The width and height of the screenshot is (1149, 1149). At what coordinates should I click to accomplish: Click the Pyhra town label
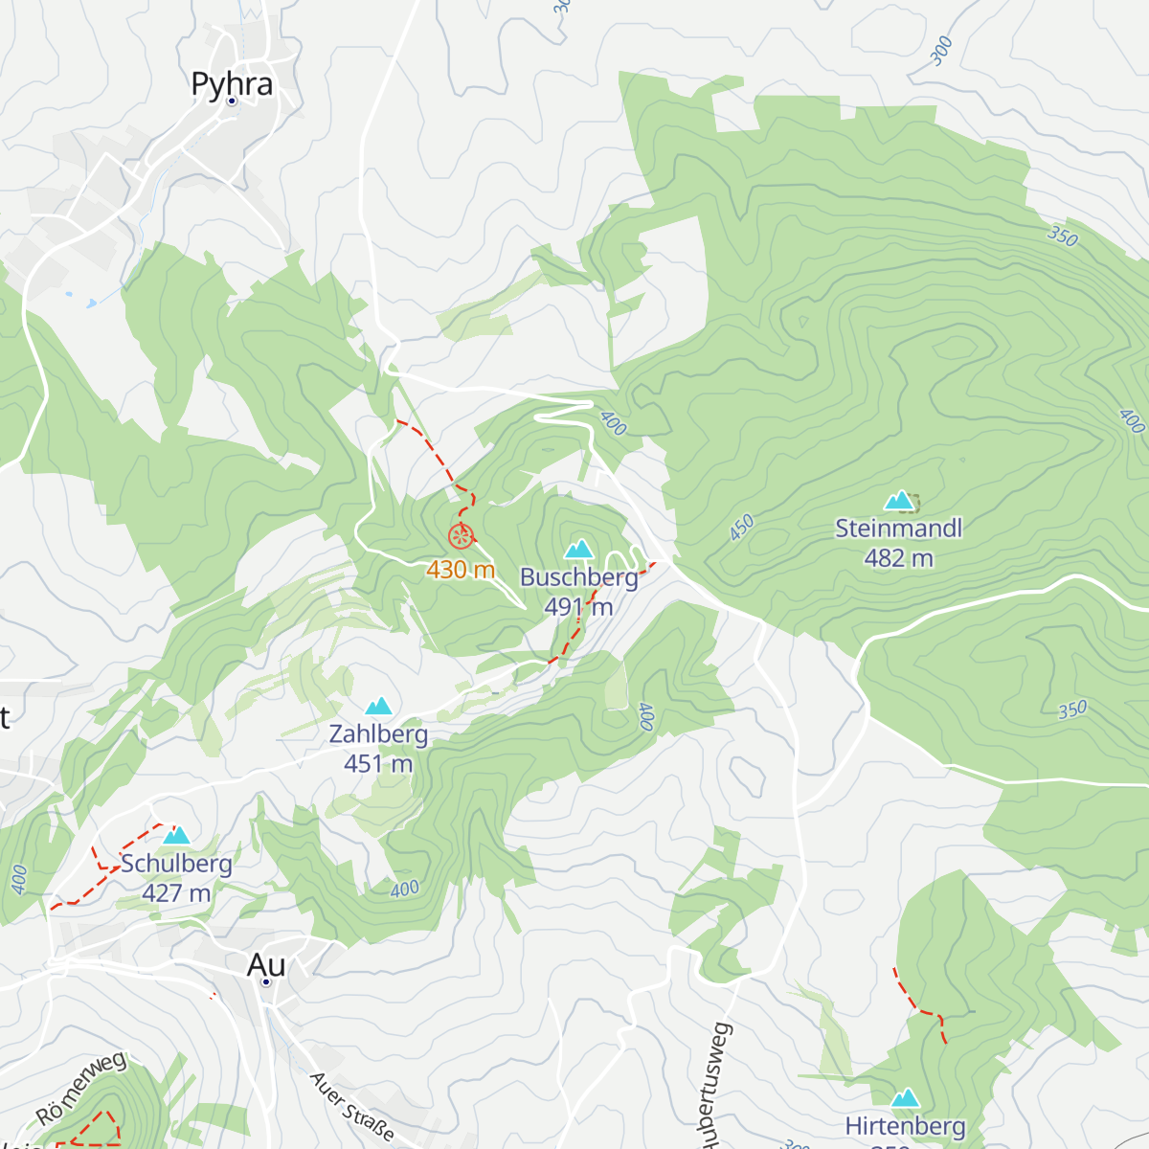(232, 84)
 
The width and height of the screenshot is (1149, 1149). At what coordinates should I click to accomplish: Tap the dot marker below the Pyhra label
(232, 101)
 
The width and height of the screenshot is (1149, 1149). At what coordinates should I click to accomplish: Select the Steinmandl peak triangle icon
(898, 501)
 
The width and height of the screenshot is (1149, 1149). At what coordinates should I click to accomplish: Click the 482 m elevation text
(898, 558)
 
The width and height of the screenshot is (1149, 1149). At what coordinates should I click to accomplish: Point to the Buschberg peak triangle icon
(578, 550)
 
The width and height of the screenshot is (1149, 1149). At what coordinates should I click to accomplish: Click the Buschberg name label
(578, 577)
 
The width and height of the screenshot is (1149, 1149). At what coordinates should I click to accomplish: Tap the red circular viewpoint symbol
(461, 535)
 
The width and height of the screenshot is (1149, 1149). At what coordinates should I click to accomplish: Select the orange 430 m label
(461, 570)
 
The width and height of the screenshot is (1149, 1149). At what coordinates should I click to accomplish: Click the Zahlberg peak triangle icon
(379, 707)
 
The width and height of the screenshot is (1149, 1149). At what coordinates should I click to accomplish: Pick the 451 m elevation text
(378, 764)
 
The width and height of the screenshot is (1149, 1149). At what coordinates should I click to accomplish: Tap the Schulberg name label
(176, 864)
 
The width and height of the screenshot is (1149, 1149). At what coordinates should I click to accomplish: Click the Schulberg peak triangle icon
(176, 836)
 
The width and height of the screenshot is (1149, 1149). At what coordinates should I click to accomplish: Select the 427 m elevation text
(176, 893)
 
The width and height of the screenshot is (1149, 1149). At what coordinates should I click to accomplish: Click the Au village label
(265, 964)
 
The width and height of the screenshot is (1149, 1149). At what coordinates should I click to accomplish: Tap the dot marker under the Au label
(266, 981)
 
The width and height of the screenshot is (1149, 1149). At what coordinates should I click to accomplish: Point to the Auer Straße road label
(351, 1106)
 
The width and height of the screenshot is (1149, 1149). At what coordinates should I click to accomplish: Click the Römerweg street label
(80, 1089)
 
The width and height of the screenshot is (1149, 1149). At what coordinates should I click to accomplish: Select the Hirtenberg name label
(905, 1126)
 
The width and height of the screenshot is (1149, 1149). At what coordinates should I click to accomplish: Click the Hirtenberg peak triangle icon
(905, 1098)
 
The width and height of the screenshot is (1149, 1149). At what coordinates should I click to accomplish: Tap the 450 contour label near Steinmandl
(742, 528)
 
